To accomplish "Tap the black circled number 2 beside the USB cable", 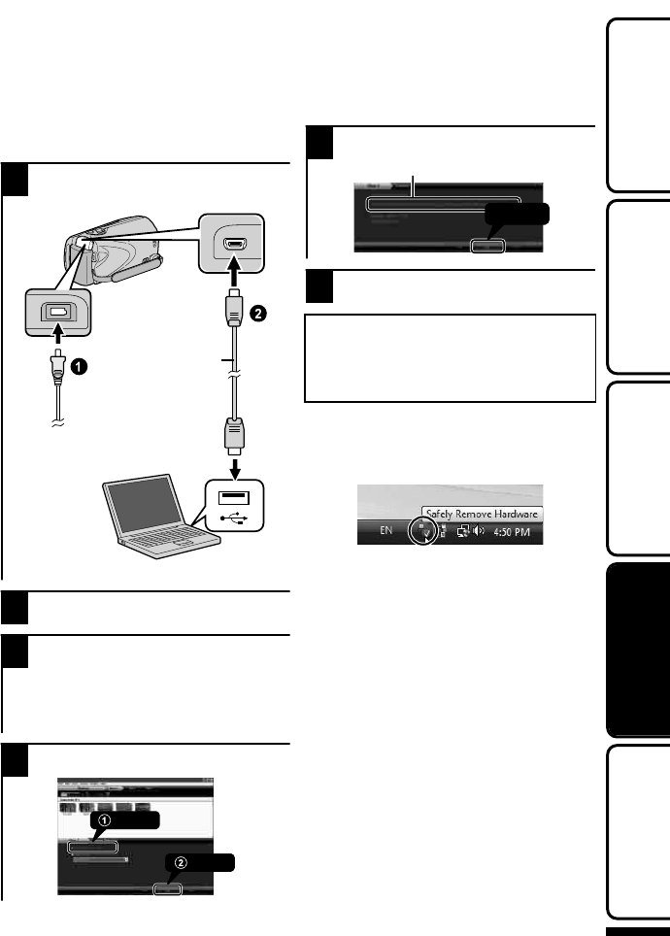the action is pos(256,313).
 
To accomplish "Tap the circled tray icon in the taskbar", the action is pos(423,532).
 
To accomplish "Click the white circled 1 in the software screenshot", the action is pos(106,819).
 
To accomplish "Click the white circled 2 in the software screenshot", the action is pos(182,862).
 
